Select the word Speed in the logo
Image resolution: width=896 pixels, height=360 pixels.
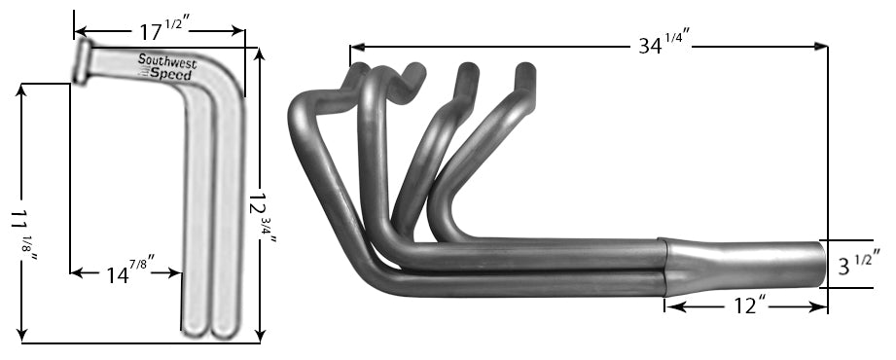[x=171, y=73]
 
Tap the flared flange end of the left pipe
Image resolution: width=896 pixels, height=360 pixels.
[x=81, y=60]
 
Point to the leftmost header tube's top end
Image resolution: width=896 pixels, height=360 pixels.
[x=359, y=70]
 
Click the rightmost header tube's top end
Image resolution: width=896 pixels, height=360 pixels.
[x=525, y=70]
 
